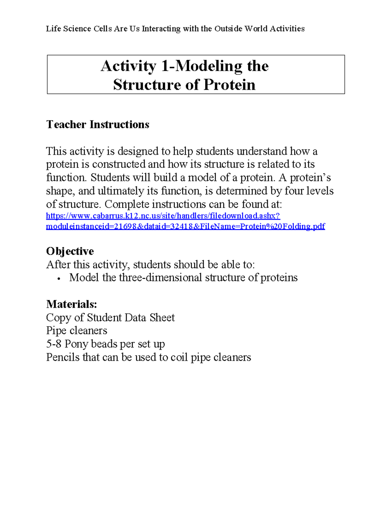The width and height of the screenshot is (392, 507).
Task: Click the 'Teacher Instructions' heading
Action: coord(98,124)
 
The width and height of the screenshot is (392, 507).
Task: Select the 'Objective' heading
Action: coord(70,251)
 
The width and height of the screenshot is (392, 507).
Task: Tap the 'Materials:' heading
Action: coord(72,304)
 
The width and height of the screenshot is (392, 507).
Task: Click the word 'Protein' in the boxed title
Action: coord(229,85)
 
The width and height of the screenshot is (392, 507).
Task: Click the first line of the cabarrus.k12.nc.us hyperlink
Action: coord(163,216)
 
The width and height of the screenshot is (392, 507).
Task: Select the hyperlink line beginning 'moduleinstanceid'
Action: coord(185,226)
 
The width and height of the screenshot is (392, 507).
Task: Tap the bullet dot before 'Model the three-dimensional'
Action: coord(58,278)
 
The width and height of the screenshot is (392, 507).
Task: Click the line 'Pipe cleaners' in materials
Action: coord(76,330)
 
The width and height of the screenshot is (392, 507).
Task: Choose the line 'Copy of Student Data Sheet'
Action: coord(110,317)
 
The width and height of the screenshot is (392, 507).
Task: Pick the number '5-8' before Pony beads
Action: coord(54,344)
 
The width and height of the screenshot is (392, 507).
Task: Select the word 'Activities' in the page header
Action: coord(287,29)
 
